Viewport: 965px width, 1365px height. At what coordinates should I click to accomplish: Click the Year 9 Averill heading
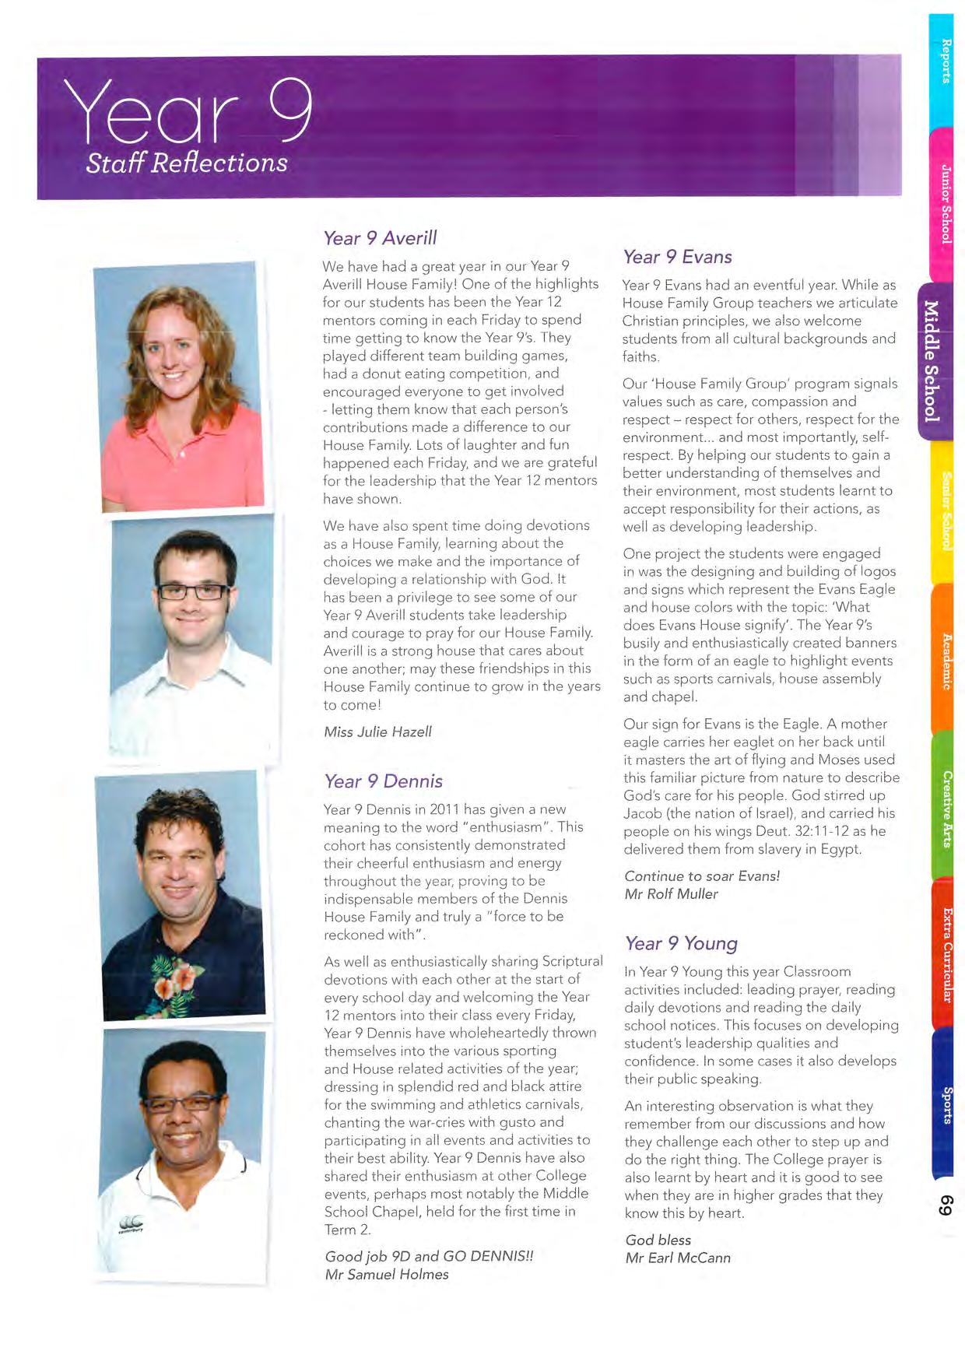click(380, 238)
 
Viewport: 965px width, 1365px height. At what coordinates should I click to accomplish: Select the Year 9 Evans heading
click(677, 257)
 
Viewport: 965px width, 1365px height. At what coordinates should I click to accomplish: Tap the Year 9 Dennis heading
click(383, 781)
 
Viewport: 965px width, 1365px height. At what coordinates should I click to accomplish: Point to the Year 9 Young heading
click(681, 943)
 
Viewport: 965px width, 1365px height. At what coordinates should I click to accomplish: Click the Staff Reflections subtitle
click(187, 163)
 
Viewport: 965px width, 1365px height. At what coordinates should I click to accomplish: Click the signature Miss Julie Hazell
click(377, 732)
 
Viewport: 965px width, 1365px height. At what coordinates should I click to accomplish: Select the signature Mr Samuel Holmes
click(387, 1274)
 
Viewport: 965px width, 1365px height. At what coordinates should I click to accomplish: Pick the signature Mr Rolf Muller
click(671, 893)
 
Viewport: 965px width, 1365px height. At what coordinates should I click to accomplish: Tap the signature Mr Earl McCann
click(678, 1258)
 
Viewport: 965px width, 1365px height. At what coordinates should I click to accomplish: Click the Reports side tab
click(946, 62)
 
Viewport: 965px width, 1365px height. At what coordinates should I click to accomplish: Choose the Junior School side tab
click(946, 204)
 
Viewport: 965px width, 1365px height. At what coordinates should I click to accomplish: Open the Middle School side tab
click(932, 361)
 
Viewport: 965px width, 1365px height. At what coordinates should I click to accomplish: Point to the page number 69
click(946, 1206)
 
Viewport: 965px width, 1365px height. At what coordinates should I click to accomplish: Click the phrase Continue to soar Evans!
click(702, 875)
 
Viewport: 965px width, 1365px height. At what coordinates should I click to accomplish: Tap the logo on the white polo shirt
click(130, 1224)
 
